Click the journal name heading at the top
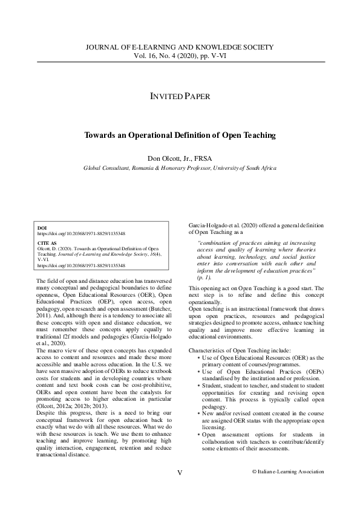point(180,47)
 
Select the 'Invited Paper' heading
point(180,97)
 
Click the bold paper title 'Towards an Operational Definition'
point(180,135)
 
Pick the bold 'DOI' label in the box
point(42,228)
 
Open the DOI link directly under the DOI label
point(81,233)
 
